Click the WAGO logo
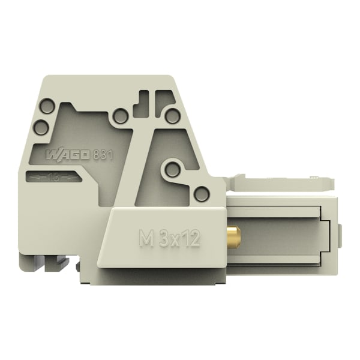pos(68,155)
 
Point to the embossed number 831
pos(103,155)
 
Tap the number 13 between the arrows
pos(55,177)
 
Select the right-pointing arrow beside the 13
pos(68,177)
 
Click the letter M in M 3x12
pos(146,238)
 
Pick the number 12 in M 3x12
pos(192,238)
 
